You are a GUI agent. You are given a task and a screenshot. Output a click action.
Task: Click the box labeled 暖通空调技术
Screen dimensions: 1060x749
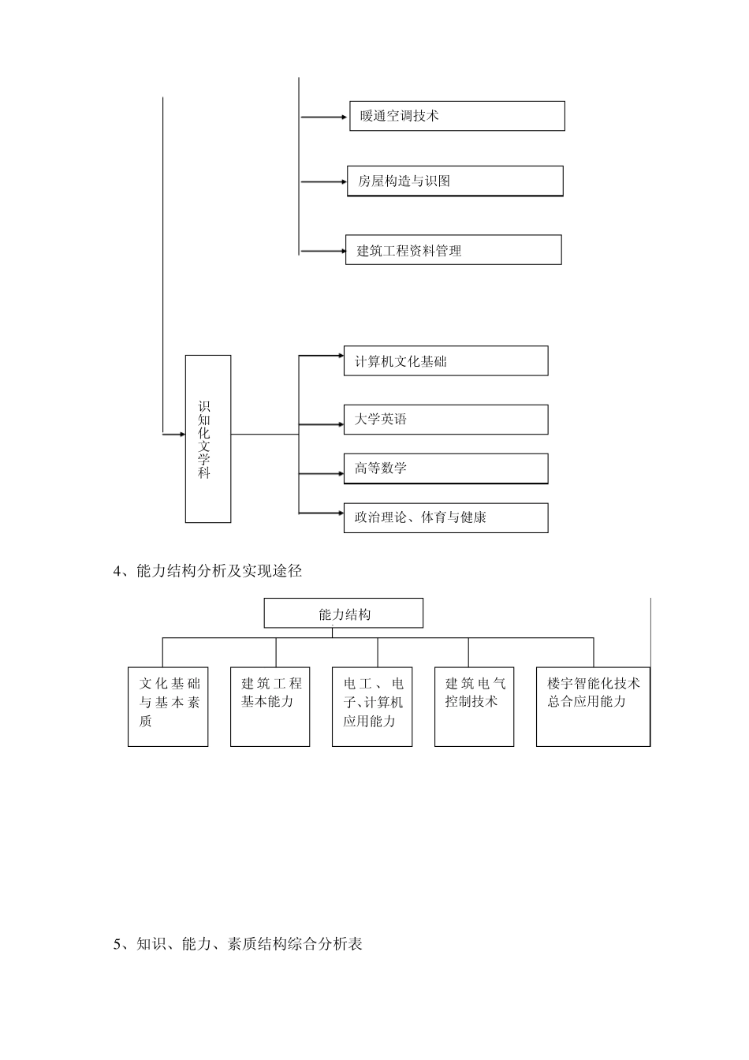457,116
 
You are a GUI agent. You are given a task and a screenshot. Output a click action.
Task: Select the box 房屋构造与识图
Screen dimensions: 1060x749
455,181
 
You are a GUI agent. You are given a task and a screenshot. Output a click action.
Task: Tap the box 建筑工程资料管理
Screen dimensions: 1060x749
453,250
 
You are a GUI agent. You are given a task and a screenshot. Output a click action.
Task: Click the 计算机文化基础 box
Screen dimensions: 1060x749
445,361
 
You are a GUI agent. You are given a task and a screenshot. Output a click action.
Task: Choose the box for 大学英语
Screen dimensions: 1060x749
445,420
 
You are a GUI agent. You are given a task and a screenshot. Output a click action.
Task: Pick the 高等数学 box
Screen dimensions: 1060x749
445,468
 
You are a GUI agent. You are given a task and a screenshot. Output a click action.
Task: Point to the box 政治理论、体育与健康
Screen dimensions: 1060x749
445,518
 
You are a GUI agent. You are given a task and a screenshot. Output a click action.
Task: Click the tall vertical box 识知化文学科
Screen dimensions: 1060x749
208,439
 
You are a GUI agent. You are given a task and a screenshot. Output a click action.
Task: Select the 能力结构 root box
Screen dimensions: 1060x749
344,614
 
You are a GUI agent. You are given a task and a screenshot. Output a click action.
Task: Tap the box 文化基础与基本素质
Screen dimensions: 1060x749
168,707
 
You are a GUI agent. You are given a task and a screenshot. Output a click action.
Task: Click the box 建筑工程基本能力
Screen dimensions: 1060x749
270,707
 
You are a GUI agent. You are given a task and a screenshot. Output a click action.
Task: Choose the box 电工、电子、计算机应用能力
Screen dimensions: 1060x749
373,707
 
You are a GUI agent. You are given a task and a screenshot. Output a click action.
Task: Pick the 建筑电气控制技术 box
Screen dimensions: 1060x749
475,707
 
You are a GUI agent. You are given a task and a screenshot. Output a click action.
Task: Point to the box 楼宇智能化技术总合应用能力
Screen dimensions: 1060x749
593,707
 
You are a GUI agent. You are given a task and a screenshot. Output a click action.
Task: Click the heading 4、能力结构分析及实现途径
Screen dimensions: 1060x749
208,572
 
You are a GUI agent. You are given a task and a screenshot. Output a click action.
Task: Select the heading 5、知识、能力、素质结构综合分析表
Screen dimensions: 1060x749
238,944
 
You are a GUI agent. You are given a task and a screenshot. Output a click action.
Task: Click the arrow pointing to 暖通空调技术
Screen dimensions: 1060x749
324,118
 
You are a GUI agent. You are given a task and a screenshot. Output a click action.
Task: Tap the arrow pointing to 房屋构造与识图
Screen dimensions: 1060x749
323,182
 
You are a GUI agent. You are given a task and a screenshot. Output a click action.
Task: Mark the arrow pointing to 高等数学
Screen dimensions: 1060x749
321,474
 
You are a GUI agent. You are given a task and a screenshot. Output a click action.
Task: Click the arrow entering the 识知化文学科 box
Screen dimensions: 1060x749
173,435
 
